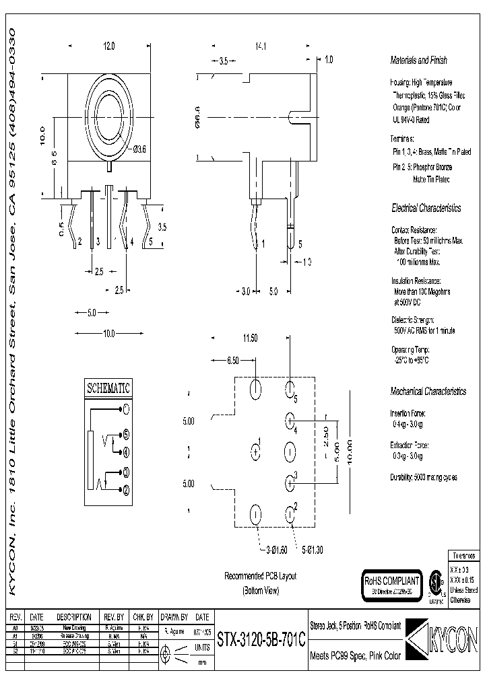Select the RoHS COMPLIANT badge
point(391,581)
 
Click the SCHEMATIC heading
point(107,389)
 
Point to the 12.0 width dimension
point(108,46)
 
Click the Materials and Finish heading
point(418,60)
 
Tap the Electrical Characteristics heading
point(426,209)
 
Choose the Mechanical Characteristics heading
point(428,391)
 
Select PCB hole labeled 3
point(290,481)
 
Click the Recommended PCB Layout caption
point(260,577)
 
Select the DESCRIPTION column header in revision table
point(73,616)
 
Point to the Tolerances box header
point(463,557)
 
